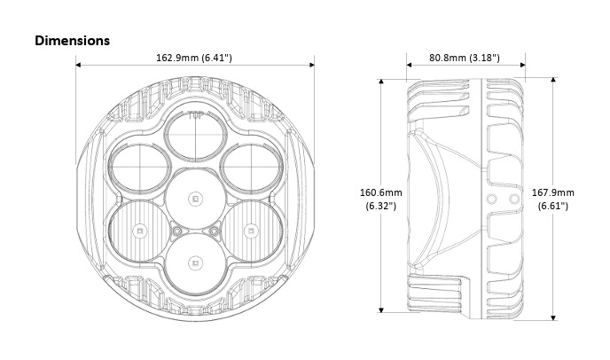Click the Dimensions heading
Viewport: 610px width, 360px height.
coord(73,41)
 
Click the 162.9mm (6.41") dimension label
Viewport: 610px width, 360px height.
coord(194,58)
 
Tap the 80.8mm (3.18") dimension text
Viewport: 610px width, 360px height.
coord(465,58)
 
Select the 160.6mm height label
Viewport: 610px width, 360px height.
coord(381,192)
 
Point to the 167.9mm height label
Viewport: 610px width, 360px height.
coord(553,192)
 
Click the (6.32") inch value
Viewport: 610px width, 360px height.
coord(381,206)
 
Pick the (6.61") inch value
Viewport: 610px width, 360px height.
coord(553,206)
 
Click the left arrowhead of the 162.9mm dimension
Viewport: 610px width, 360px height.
coord(78,65)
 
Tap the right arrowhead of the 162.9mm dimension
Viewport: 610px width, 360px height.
coord(312,65)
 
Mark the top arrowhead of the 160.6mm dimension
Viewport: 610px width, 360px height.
coord(381,82)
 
